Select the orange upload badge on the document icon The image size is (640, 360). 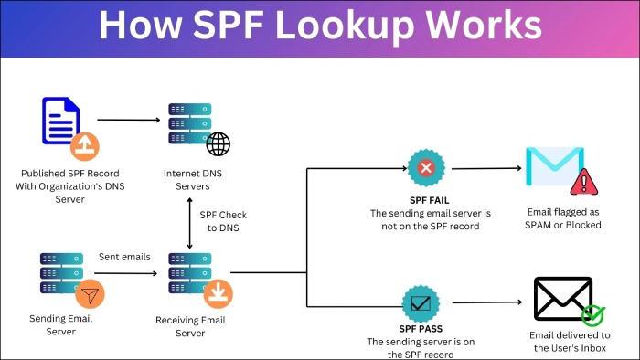tap(85, 144)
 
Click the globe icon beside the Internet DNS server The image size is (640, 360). tap(218, 144)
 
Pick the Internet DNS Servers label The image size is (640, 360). tap(187, 179)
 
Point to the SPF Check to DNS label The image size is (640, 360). tap(223, 221)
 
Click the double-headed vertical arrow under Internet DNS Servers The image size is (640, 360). tap(188, 222)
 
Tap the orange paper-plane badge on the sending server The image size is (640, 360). tap(90, 294)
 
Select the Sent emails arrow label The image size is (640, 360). tap(124, 257)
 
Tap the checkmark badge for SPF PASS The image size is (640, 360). tap(421, 302)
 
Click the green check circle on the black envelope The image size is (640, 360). tap(593, 315)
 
